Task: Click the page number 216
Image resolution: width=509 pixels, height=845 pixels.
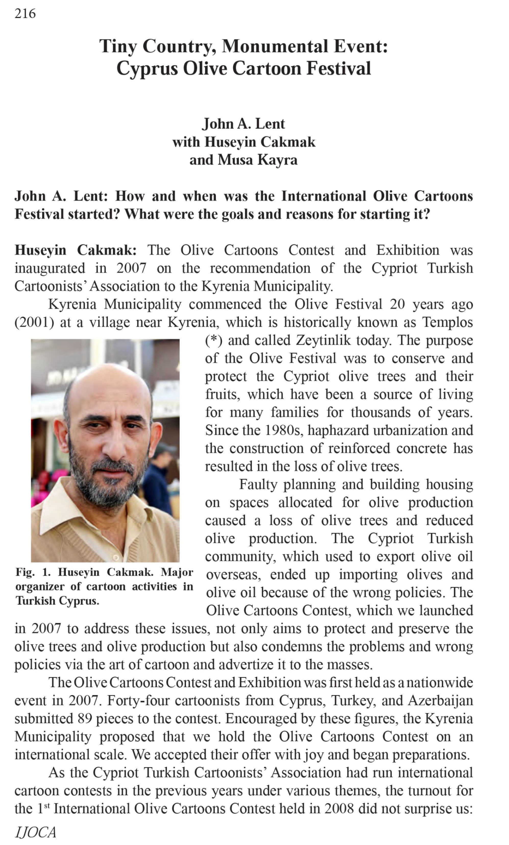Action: tap(25, 14)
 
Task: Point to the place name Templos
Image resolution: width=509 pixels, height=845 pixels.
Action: tap(447, 322)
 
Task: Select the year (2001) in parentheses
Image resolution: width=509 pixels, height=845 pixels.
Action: tap(34, 322)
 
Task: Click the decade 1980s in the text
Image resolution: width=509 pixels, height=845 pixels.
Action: tap(284, 430)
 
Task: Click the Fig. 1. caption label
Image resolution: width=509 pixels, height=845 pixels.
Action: tap(33, 572)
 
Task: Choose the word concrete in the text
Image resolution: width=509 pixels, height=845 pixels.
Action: tap(422, 449)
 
